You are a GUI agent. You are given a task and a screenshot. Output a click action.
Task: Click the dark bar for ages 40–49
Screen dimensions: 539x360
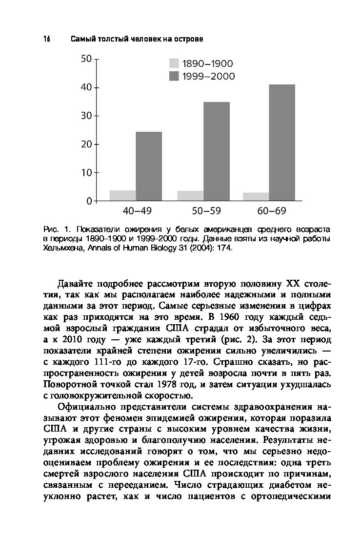click(x=149, y=166)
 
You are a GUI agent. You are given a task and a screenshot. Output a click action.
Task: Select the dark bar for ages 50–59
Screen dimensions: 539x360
click(x=217, y=151)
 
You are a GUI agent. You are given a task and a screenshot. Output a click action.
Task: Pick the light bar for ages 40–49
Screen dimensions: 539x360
click(x=122, y=195)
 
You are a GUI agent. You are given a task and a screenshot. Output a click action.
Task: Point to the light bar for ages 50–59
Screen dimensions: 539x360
click(x=190, y=196)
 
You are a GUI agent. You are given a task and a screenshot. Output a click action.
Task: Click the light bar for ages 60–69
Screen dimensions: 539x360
click(x=256, y=197)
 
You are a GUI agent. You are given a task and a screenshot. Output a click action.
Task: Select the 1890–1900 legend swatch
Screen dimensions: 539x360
click(x=174, y=63)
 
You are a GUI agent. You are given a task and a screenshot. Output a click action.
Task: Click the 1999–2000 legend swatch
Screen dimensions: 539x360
click(x=174, y=76)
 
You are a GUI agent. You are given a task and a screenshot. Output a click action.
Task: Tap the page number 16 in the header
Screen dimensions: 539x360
click(x=47, y=39)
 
